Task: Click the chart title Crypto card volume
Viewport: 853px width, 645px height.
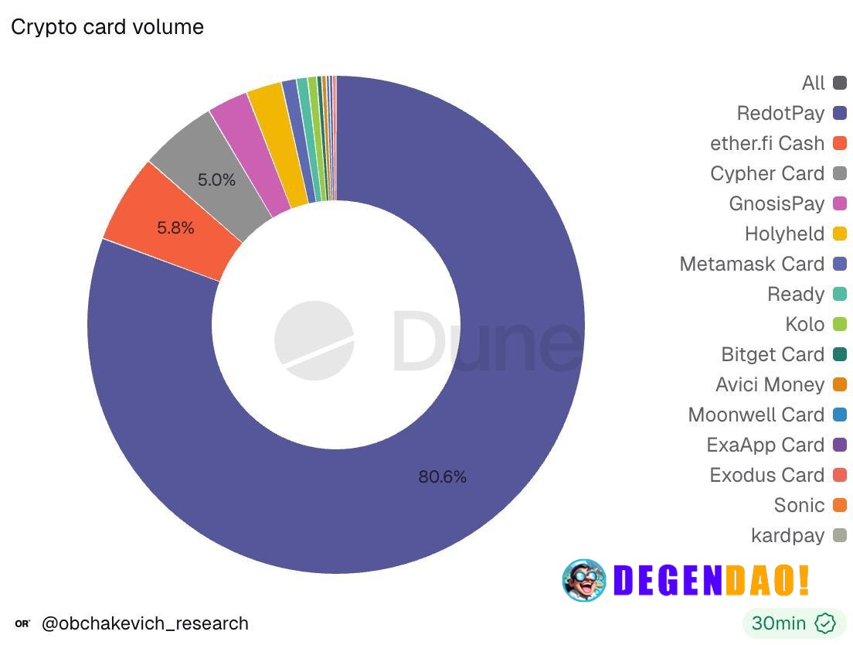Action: [107, 27]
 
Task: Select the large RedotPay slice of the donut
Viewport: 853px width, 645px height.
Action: [464, 387]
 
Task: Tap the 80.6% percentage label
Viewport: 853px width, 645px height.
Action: [442, 477]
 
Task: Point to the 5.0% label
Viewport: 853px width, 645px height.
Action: [216, 180]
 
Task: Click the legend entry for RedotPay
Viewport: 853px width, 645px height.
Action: [780, 113]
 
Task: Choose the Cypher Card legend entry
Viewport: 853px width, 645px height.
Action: [767, 173]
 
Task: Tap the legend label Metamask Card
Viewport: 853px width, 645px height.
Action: [752, 264]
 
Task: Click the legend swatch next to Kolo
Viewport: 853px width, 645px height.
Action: [840, 324]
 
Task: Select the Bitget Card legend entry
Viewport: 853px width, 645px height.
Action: [773, 354]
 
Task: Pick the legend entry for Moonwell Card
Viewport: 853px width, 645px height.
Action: [756, 415]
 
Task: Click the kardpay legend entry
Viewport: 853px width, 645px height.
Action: [787, 535]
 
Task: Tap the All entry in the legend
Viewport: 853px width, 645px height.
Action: [813, 83]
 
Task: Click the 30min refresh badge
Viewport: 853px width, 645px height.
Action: [794, 623]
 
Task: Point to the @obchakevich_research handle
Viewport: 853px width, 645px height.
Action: [144, 623]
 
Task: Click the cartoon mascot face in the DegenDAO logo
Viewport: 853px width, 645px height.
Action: [584, 581]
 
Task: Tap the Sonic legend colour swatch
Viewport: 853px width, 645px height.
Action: [840, 505]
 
